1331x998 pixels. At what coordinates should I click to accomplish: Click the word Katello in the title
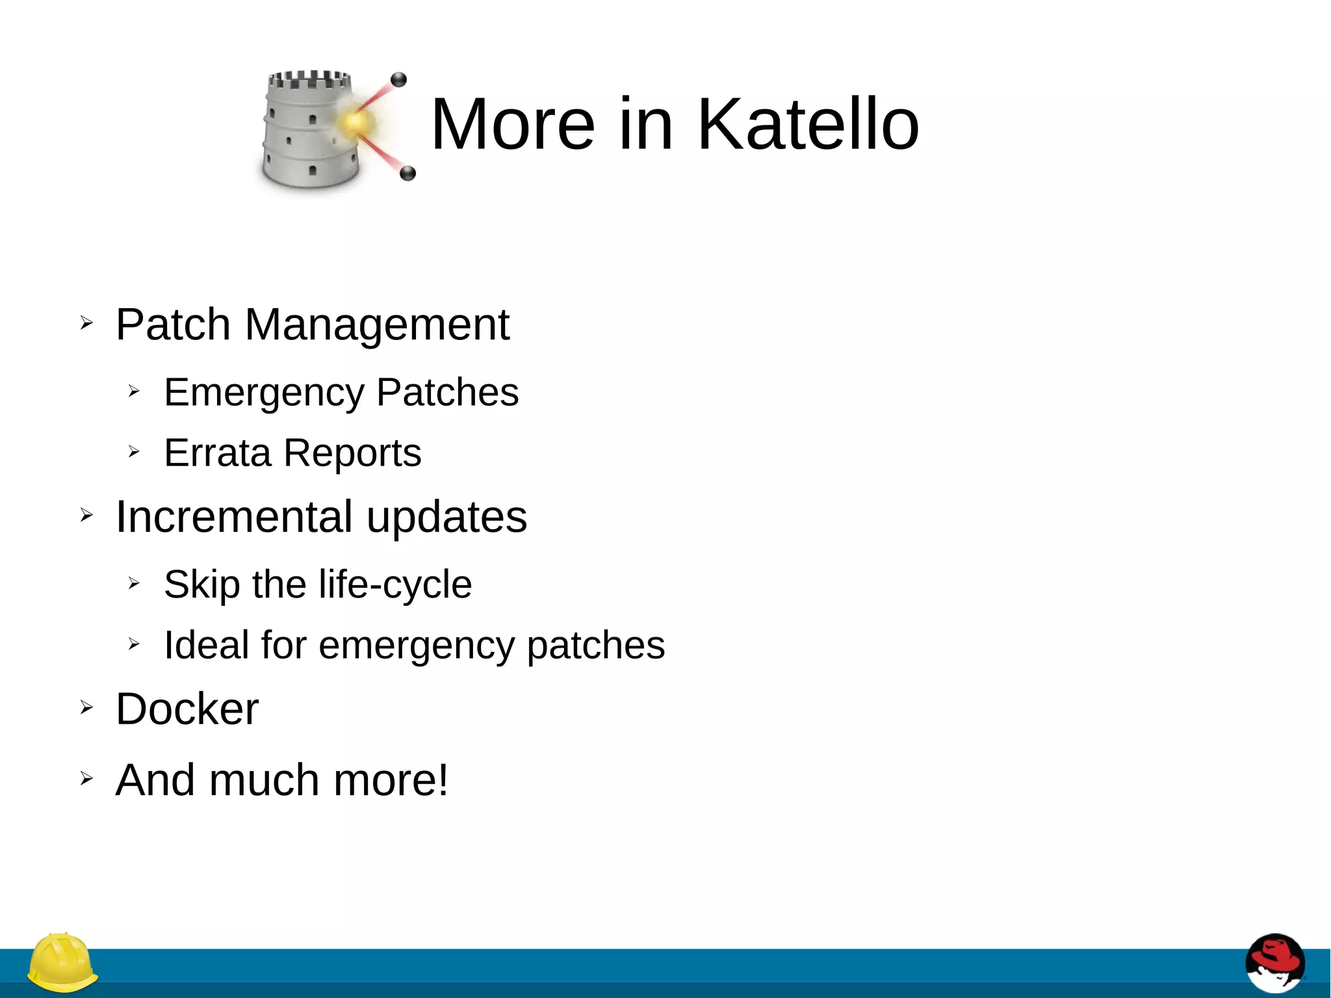click(x=808, y=124)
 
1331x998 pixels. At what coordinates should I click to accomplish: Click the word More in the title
click(x=513, y=124)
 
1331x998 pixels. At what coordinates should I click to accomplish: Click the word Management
click(x=377, y=324)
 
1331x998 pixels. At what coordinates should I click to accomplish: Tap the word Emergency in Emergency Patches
click(x=265, y=393)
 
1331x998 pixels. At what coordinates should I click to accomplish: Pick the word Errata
click(x=217, y=453)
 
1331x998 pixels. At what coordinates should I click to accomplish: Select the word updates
click(x=447, y=518)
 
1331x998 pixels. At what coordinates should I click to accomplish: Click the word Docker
click(x=187, y=709)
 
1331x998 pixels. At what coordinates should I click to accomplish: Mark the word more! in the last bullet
click(x=391, y=780)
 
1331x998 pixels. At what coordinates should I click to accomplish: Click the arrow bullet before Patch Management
click(x=86, y=322)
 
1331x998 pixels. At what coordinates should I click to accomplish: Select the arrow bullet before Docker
click(x=86, y=707)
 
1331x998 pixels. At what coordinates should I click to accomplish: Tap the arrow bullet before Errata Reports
click(x=134, y=451)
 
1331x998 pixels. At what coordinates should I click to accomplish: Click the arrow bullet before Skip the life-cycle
click(x=134, y=583)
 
